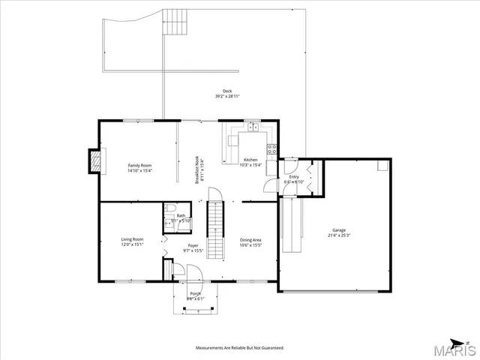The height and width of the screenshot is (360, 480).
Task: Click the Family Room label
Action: [x=139, y=165]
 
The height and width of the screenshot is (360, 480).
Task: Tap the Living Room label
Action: [x=132, y=238]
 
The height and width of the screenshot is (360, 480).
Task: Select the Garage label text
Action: [x=340, y=230]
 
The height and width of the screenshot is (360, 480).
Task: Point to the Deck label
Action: [x=227, y=91]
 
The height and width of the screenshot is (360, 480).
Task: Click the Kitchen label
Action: [x=250, y=160]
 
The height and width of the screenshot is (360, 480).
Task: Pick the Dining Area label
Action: [x=250, y=239]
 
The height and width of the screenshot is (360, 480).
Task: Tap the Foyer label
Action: [x=193, y=244]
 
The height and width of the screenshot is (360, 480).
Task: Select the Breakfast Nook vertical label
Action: [x=197, y=169]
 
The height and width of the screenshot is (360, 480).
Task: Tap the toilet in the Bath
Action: [x=170, y=209]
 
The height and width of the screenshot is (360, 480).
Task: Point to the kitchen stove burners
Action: [x=273, y=148]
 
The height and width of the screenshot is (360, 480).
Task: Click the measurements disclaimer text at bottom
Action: [x=239, y=348]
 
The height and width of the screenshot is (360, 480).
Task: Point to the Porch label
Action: [x=195, y=293]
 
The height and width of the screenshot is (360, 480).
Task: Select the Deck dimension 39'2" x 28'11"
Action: [x=227, y=97]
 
